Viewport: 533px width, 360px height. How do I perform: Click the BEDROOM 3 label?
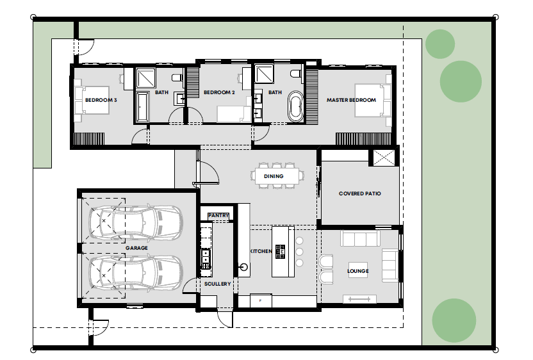click(x=101, y=100)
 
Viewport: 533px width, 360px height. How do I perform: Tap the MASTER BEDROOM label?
click(x=351, y=100)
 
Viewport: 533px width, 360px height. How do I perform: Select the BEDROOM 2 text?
click(x=219, y=92)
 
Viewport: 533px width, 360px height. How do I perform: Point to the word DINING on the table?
click(x=274, y=176)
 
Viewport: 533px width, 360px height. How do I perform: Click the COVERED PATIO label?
click(x=360, y=193)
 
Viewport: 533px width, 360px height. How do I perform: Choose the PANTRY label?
click(x=218, y=215)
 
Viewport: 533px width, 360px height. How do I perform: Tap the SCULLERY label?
click(x=218, y=284)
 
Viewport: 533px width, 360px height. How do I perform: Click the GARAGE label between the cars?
click(x=136, y=248)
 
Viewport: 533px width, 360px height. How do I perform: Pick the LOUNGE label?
click(x=358, y=271)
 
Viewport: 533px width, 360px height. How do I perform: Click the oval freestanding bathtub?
click(x=296, y=106)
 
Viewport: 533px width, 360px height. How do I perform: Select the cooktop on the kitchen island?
click(x=280, y=252)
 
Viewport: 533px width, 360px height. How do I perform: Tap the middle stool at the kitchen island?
click(x=299, y=252)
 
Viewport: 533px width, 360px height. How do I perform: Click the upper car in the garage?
click(x=136, y=222)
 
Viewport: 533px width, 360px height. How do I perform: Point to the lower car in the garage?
click(x=136, y=273)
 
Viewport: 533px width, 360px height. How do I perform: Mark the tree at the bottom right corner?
click(x=454, y=320)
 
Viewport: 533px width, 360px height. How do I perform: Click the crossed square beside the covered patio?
click(x=384, y=158)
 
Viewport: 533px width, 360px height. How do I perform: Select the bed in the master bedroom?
click(x=373, y=101)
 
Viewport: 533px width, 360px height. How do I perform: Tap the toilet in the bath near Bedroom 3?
click(x=177, y=78)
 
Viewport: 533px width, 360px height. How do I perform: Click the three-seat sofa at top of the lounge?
click(x=360, y=238)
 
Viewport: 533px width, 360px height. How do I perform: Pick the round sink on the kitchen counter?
click(x=243, y=267)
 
